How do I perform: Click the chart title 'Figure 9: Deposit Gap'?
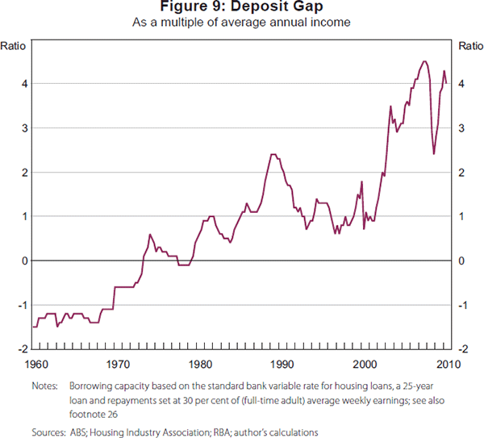tap(241, 7)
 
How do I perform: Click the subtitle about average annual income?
tap(241, 22)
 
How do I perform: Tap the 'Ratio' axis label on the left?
tap(18, 46)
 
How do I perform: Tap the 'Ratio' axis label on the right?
tap(470, 46)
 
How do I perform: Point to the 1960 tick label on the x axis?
tap(35, 362)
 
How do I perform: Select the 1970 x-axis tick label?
tap(117, 362)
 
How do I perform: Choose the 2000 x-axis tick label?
tap(365, 362)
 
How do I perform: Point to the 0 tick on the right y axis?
tap(461, 261)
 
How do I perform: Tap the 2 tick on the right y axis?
tap(461, 173)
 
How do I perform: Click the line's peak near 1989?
tap(273, 154)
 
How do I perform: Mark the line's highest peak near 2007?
tap(424, 61)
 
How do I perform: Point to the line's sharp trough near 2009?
tap(434, 154)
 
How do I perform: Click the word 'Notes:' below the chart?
tap(46, 386)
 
